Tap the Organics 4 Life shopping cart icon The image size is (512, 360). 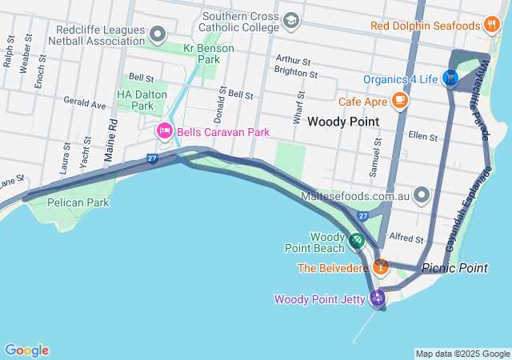coord(450,78)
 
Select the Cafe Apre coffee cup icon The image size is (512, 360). coord(399,101)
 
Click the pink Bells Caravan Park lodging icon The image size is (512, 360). coord(165,130)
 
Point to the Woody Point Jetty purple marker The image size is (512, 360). coord(376,299)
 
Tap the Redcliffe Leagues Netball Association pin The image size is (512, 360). coord(158,34)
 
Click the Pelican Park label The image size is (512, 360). coord(78,202)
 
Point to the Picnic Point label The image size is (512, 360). coord(454,268)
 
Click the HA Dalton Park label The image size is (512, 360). coord(135,100)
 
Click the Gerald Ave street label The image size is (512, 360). coord(86,104)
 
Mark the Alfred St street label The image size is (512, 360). coord(406,238)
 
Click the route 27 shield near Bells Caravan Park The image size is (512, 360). coord(152,159)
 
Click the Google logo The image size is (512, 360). coord(26,350)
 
